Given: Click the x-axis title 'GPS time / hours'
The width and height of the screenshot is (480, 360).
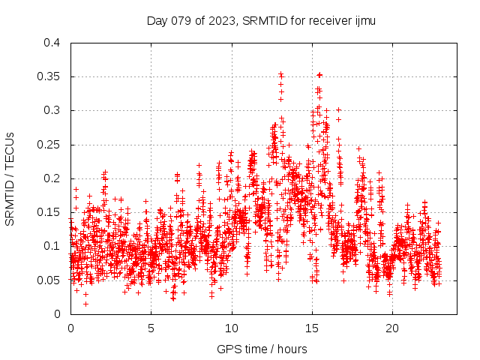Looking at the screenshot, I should [262, 349].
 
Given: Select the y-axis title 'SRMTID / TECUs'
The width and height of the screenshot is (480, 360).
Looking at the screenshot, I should [10, 178].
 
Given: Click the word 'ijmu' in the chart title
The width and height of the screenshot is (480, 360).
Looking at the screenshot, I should [365, 20].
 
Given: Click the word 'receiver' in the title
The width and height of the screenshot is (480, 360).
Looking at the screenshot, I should [329, 20].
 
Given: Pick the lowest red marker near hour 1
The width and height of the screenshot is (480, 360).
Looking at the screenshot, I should [85, 304].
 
